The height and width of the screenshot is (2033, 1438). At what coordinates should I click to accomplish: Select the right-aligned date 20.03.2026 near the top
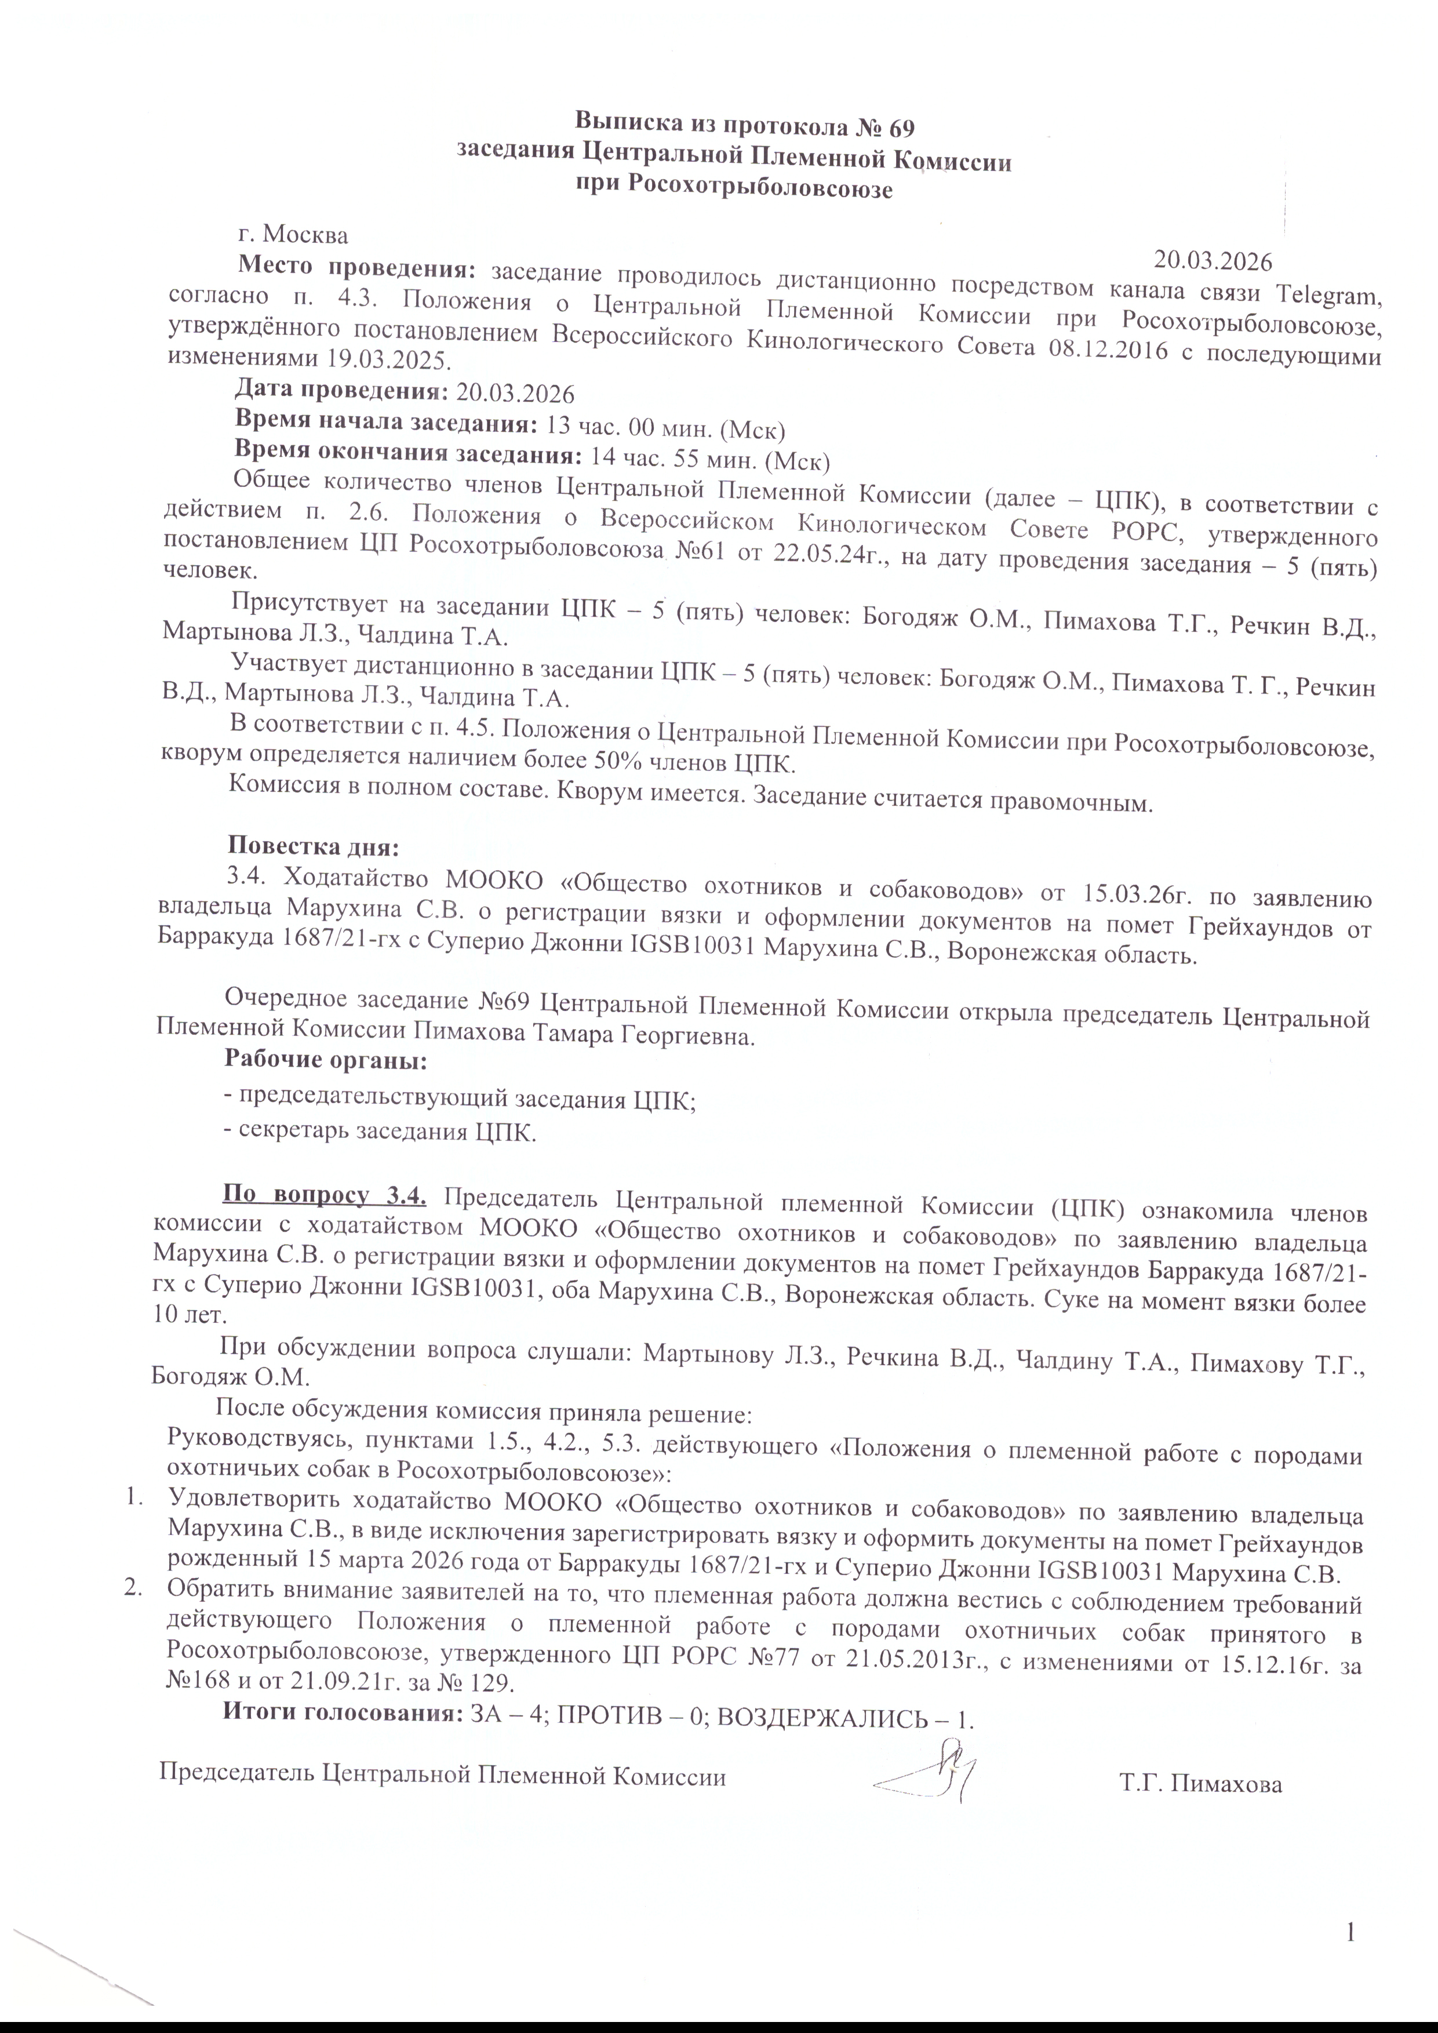1212,261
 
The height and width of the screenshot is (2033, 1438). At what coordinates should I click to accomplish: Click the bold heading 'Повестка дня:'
314,846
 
